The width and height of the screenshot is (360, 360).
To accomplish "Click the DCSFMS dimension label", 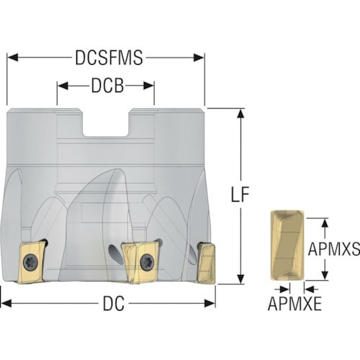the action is pos(109,58).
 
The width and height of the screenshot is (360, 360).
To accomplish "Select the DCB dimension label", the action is pos(107,86).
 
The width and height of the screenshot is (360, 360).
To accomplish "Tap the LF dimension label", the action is pos(240,194).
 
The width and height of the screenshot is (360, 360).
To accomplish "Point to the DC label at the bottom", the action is pos(114,303).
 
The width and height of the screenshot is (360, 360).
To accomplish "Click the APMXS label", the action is pos(334,249).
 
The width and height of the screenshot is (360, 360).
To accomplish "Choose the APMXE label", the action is pos(294,304).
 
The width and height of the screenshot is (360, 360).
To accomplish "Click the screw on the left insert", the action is pos(31,262).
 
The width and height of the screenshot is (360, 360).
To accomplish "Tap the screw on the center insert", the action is pos(146,261).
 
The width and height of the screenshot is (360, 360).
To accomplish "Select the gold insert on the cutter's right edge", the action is pos(206,263).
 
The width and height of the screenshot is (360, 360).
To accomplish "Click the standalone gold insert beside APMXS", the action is pos(287,245).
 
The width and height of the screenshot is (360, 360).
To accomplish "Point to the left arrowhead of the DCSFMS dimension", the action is pos(12,58).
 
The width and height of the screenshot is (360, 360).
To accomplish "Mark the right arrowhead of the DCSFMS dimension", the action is pos(199,58).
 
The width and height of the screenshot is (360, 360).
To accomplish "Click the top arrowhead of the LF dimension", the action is pos(240,114).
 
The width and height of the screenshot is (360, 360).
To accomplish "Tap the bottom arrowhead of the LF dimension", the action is pos(240,279).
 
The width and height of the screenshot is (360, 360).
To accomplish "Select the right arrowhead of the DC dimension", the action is pos(210,303).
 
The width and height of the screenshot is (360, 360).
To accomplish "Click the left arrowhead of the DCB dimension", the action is pos(63,86).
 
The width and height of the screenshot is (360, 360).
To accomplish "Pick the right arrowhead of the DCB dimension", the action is pos(148,86).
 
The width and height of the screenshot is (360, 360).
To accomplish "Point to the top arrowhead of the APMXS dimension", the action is pos(325,224).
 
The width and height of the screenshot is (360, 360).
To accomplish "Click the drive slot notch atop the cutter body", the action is pos(106,123).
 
